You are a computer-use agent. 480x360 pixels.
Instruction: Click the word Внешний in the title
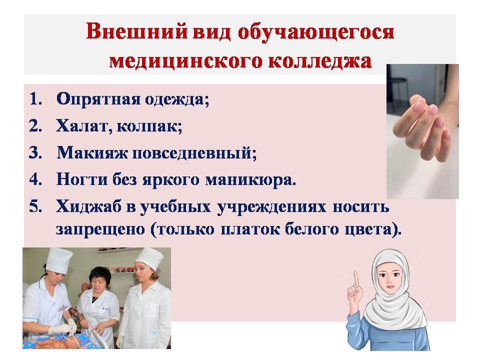click(136, 31)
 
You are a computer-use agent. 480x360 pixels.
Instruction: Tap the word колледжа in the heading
click(320, 60)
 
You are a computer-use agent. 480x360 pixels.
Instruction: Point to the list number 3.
click(35, 152)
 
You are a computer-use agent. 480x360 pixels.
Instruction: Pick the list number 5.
click(35, 206)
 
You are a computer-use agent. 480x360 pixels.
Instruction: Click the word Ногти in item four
click(82, 179)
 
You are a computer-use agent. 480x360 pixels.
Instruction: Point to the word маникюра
click(250, 180)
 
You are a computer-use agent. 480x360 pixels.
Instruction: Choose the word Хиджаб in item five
click(89, 206)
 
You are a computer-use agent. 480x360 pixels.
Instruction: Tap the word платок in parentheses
click(250, 229)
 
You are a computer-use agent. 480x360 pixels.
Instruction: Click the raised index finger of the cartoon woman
click(356, 279)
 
